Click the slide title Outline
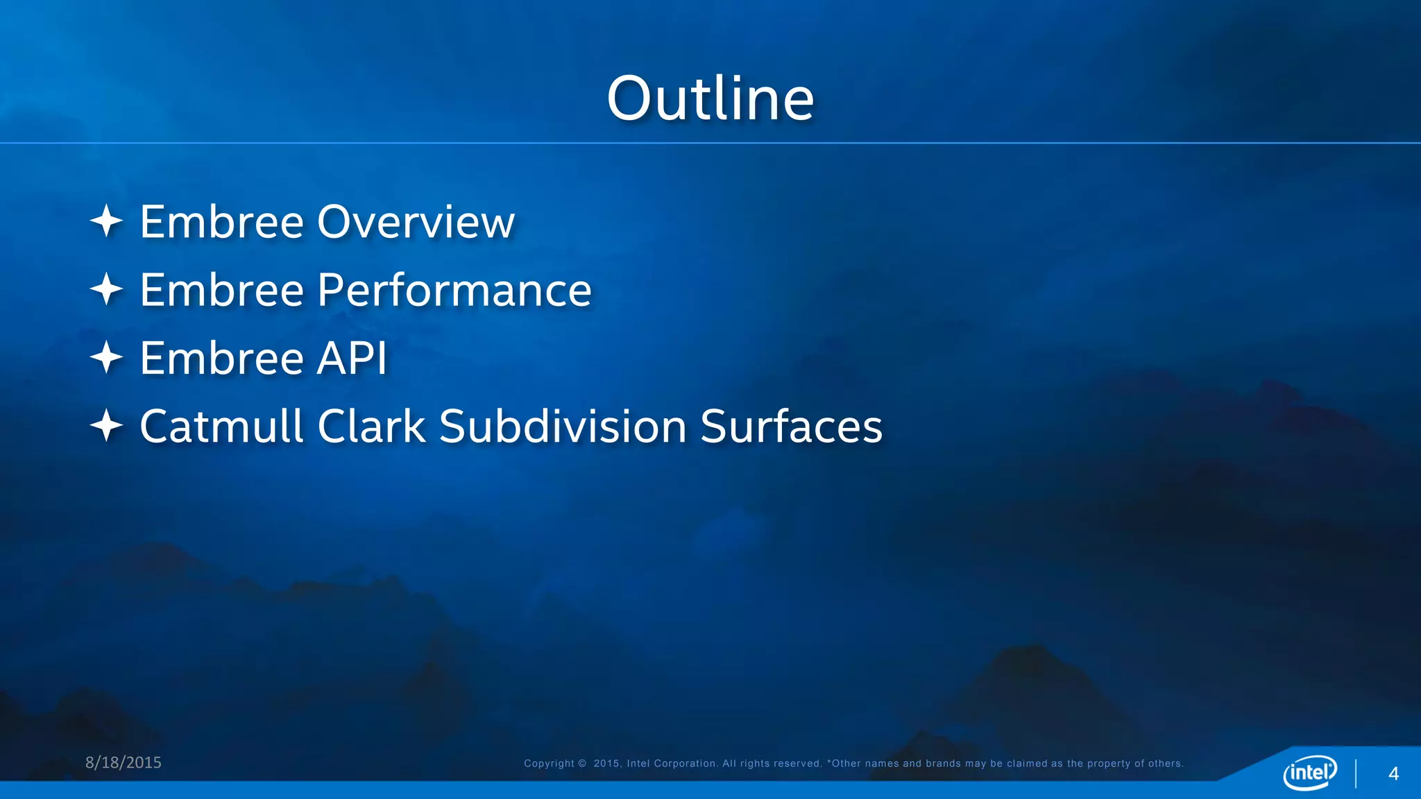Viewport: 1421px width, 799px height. click(x=710, y=98)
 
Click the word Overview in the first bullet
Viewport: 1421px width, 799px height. click(x=416, y=223)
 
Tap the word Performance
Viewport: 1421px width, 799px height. click(x=454, y=291)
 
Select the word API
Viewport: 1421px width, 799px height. click(x=352, y=359)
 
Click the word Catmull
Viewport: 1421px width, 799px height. click(x=221, y=426)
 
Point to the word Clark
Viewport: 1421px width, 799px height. click(x=371, y=426)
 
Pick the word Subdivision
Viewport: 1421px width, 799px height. click(x=563, y=426)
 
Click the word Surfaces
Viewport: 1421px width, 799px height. click(x=791, y=426)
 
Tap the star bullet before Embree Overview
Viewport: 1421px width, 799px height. click(x=106, y=221)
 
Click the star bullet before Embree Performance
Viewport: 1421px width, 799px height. click(x=106, y=289)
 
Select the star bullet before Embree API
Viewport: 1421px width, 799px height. click(x=106, y=357)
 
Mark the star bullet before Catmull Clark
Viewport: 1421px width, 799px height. click(x=106, y=425)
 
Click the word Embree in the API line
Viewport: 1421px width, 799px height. click(x=222, y=359)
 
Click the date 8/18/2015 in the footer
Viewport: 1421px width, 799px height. click(x=123, y=762)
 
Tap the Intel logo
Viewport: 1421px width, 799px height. click(x=1309, y=772)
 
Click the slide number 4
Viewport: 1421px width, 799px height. click(x=1393, y=774)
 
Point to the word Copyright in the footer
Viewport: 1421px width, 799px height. click(x=549, y=764)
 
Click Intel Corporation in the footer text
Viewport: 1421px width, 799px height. click(x=671, y=764)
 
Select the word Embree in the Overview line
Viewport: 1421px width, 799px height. click(x=222, y=223)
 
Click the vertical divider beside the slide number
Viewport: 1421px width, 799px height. click(x=1356, y=773)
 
